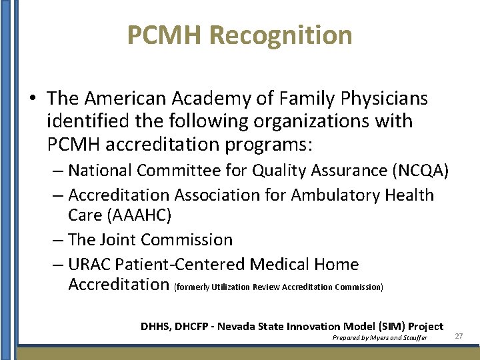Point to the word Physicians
[385, 99]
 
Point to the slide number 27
[459, 336]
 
